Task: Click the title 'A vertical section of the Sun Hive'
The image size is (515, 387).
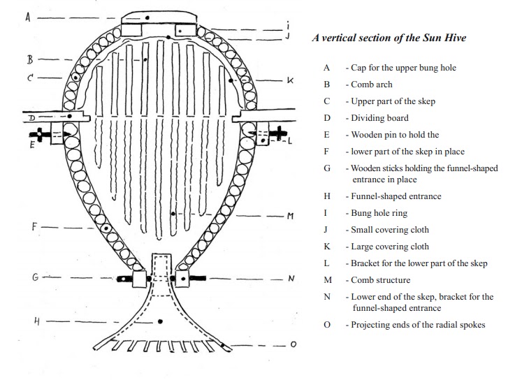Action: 389,38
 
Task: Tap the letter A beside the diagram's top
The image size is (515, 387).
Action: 29,17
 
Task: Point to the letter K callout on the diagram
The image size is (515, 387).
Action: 290,81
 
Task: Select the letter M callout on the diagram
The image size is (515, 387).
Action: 290,217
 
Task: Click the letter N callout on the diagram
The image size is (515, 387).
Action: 291,279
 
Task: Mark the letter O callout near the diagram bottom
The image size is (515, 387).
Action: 292,344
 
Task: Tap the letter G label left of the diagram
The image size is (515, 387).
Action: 34,277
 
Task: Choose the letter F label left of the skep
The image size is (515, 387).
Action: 34,227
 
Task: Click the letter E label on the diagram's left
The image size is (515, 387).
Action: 32,146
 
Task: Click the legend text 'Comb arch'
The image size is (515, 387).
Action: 372,85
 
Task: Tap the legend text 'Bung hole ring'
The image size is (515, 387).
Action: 379,213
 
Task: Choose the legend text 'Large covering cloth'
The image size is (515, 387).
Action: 389,247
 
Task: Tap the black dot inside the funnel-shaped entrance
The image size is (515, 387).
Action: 161,321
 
